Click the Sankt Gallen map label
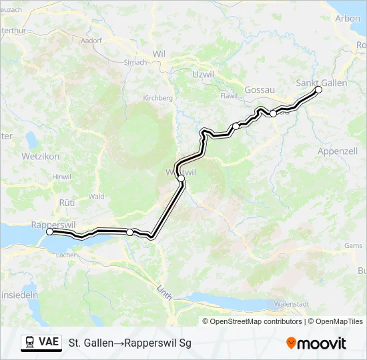[320, 83]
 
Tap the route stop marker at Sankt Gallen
[318, 89]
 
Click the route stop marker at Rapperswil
[49, 232]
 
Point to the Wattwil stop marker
[181, 178]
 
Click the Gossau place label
[256, 89]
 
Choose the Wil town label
[159, 53]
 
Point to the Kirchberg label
[158, 98]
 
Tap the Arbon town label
[348, 19]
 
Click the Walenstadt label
[293, 303]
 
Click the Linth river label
[163, 292]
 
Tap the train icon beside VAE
[30, 343]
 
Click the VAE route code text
[49, 342]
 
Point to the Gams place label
[353, 245]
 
